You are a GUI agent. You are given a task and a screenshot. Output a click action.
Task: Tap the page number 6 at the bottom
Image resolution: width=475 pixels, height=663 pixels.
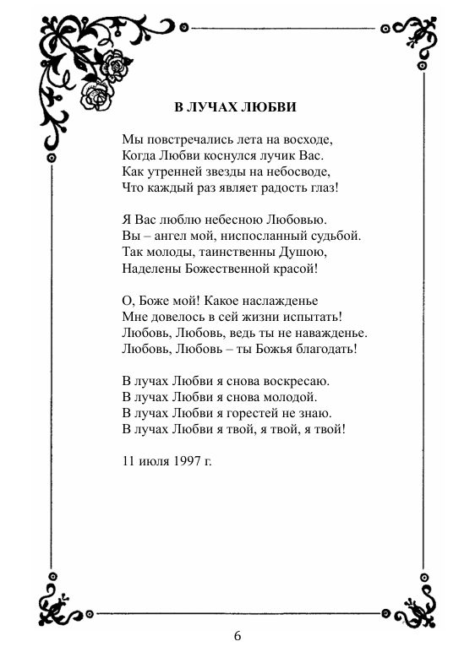coord(237,636)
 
